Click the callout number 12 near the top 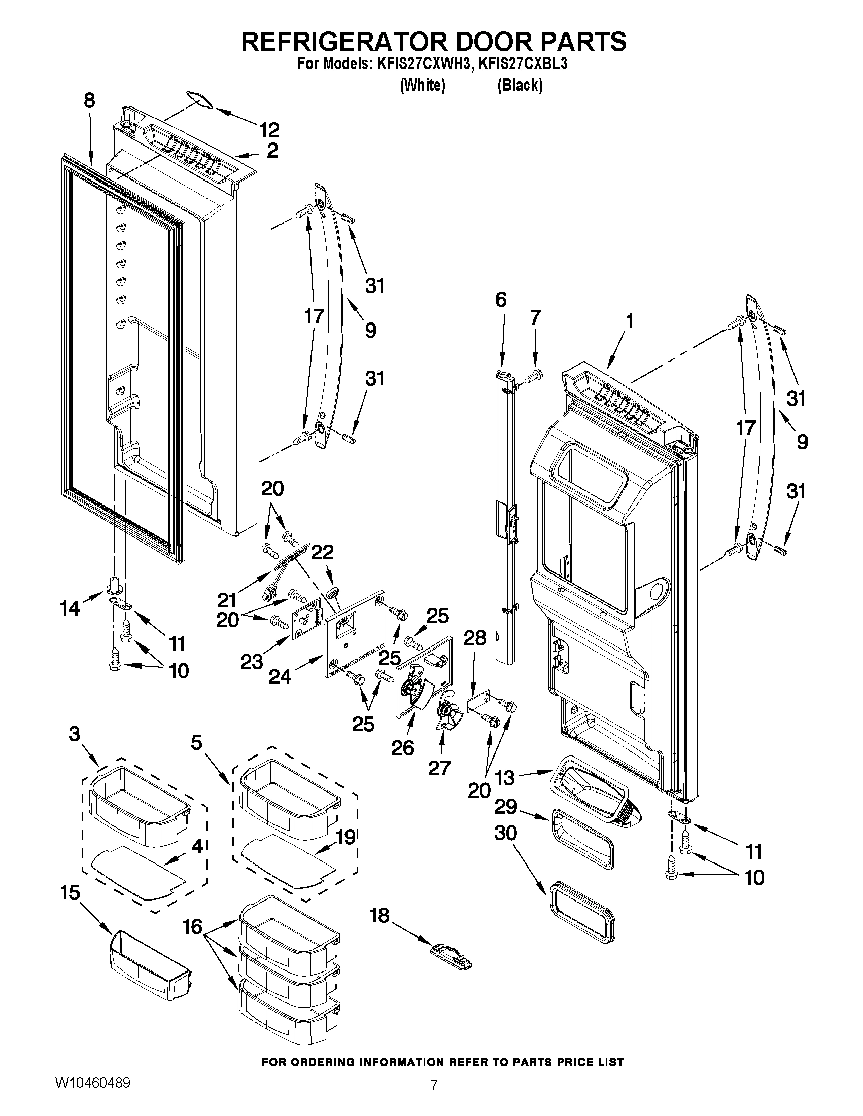click(269, 130)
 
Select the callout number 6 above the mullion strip click(501, 300)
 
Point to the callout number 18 click(379, 916)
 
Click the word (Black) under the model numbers click(520, 85)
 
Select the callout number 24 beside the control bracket click(280, 676)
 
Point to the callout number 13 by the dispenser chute click(505, 778)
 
